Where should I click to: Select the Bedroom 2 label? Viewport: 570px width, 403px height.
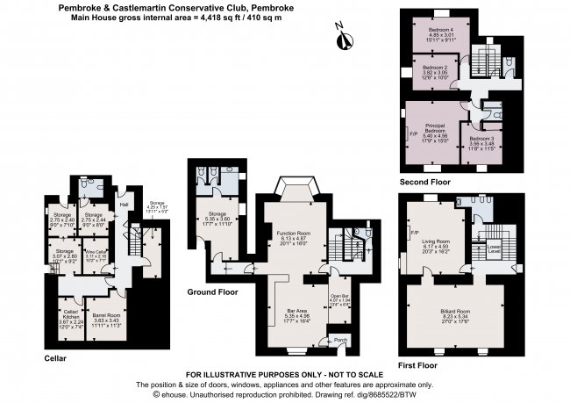point(435,67)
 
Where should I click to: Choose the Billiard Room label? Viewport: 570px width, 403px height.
point(460,310)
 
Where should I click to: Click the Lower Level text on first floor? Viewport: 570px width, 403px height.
point(495,248)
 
